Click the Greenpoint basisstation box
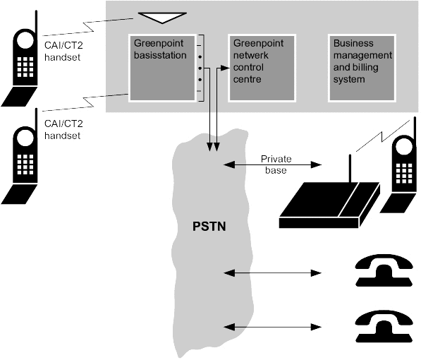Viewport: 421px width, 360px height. [162, 68]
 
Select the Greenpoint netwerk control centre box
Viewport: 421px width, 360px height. [262, 68]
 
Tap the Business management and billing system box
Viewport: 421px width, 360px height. [362, 68]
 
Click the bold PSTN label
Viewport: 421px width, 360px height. [209, 227]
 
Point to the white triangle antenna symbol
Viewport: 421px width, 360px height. [162, 17]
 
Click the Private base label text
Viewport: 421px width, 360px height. [276, 164]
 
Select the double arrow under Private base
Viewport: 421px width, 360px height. [272, 164]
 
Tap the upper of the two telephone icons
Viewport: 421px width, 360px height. [384, 270]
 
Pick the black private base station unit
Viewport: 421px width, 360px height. [330, 205]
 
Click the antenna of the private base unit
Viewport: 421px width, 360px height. [350, 169]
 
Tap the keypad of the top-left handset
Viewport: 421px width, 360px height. [25, 67]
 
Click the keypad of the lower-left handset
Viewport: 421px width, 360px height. [25, 164]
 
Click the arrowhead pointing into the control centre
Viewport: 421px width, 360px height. [225, 68]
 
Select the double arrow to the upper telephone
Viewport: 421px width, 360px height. [272, 273]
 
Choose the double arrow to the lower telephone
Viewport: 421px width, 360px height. [272, 327]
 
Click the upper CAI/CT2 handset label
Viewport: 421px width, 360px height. [63, 51]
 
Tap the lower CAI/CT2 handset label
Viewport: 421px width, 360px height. [63, 129]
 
